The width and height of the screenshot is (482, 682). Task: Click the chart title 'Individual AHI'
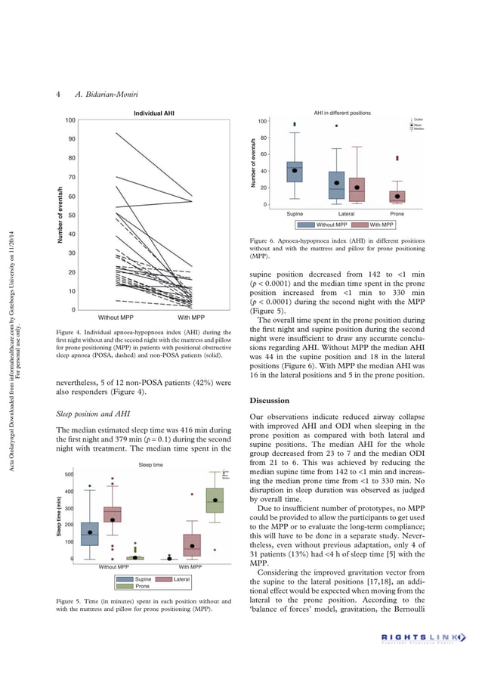155,113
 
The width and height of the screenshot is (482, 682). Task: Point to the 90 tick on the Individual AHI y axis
70,139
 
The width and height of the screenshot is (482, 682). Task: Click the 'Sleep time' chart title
152,466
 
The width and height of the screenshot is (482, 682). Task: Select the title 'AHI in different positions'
342,113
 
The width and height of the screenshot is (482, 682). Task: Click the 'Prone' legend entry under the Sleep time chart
134,586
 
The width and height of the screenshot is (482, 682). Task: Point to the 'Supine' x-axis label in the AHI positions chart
295,214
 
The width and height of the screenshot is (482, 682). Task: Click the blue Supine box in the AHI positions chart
295,172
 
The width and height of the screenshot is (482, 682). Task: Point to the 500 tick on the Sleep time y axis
69,475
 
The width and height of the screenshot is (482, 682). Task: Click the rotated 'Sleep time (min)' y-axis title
58,517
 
